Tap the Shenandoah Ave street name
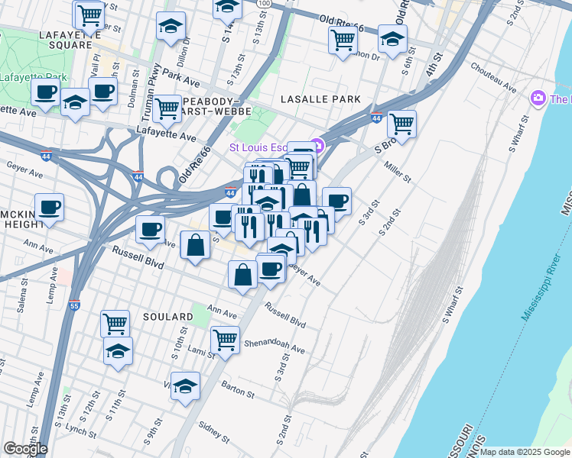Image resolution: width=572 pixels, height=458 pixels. tap(274, 347)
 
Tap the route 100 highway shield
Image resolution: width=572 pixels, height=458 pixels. tap(264, 4)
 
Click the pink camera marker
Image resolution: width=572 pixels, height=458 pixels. tap(538, 98)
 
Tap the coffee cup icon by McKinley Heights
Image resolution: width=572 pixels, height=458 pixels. tap(49, 208)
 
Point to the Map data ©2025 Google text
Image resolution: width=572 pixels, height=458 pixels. tap(525, 452)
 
